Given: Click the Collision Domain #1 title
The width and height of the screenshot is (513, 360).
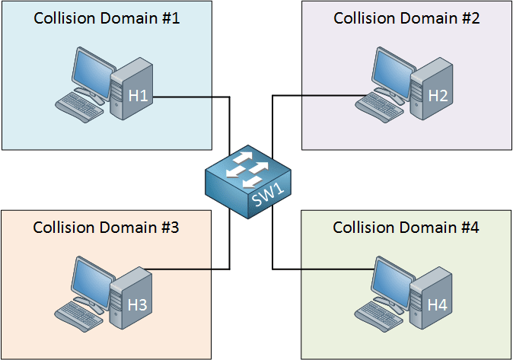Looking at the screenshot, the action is (x=107, y=18).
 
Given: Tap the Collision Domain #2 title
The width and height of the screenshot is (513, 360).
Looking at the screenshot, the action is (x=406, y=18).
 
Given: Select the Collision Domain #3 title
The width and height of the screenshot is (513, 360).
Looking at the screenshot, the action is (x=106, y=227).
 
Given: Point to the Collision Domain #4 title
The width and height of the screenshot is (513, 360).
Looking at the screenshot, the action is (x=406, y=227).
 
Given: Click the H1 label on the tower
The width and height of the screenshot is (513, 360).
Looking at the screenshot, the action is (x=138, y=96).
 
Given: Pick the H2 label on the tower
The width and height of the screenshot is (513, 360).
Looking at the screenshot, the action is (x=438, y=96).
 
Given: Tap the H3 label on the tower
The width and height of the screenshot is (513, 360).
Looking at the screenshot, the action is (x=138, y=304).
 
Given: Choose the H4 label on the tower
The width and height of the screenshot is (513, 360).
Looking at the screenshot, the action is (x=438, y=304).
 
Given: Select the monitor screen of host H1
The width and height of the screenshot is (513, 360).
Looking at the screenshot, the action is (x=92, y=75).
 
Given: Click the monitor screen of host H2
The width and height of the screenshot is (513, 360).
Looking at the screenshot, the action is (x=392, y=75).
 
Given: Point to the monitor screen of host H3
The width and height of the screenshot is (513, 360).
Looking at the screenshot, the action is (x=91, y=284).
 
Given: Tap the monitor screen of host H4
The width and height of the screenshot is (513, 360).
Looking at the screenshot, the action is (x=392, y=284).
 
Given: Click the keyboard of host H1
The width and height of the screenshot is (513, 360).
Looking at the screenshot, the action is (x=79, y=107).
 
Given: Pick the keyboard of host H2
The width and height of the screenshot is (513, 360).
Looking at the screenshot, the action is (x=379, y=107).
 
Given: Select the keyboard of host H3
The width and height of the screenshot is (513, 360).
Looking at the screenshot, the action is (x=78, y=316).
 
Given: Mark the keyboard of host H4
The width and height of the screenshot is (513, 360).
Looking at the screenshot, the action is (x=378, y=316).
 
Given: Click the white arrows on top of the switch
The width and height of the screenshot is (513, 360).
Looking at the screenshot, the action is (x=247, y=170).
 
